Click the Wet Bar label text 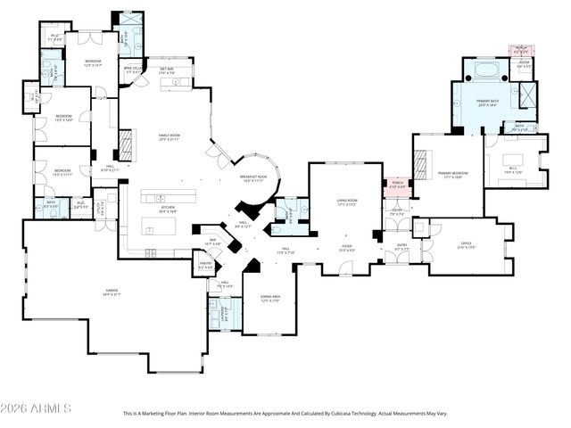166,69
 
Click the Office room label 466,244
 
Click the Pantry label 205,265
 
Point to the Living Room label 347,204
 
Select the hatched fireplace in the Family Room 126,144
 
